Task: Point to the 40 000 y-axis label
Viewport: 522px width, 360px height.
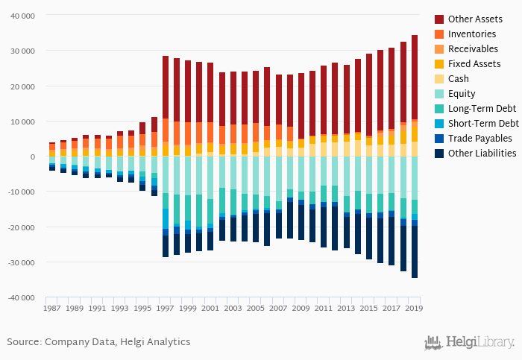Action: click(x=28, y=16)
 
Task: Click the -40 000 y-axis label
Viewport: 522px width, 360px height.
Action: click(x=26, y=298)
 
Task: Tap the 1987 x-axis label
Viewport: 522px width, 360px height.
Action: click(x=52, y=308)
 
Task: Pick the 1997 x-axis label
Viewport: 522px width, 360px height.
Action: click(x=166, y=308)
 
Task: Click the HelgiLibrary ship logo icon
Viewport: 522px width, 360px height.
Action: click(x=433, y=343)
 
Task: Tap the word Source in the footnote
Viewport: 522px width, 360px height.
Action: click(x=23, y=342)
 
